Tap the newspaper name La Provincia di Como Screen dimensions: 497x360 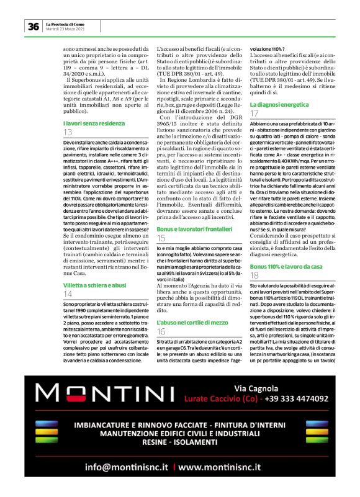[68, 24]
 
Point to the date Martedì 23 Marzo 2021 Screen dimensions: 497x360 [65, 29]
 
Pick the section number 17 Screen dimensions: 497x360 [254, 115]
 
